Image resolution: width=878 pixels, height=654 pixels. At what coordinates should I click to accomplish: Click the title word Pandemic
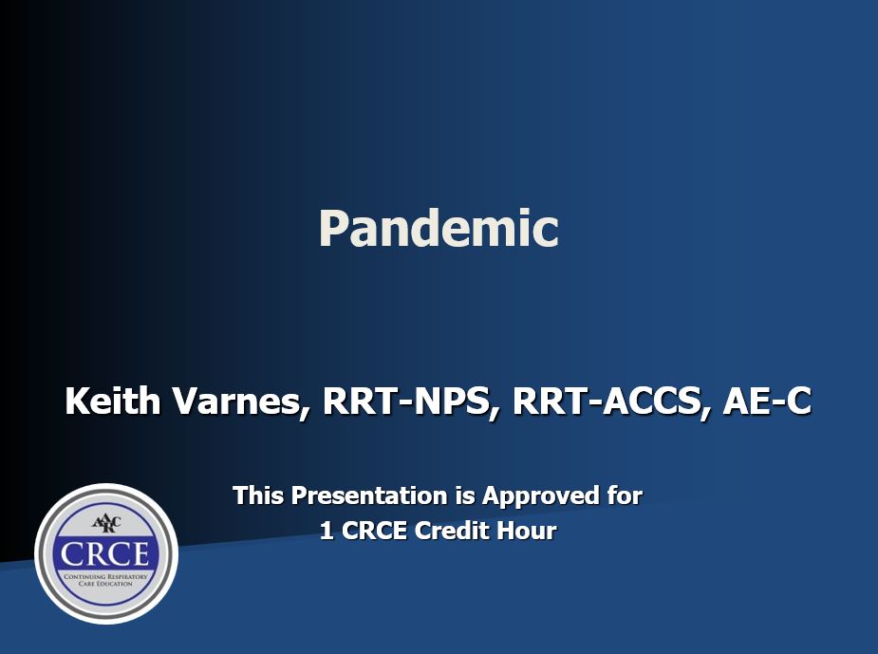pos(439,229)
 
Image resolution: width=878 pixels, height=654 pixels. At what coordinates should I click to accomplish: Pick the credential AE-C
pos(766,402)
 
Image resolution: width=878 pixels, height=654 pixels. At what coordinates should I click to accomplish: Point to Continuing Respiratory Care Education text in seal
pos(105,580)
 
